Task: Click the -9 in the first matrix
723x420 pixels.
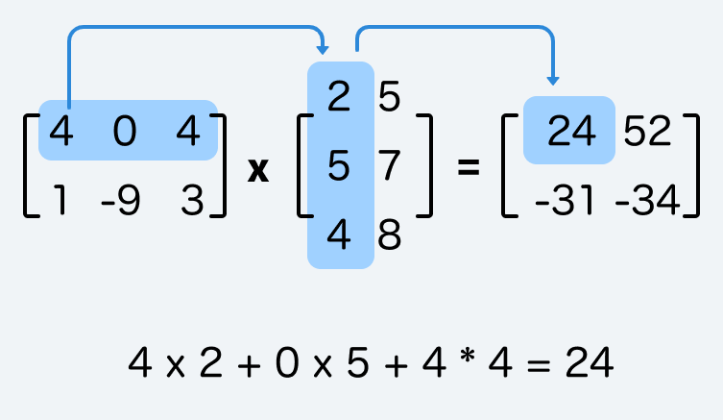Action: (120, 203)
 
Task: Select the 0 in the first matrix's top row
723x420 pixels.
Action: (125, 133)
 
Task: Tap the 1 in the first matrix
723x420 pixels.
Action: (60, 203)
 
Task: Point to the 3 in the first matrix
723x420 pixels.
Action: (188, 203)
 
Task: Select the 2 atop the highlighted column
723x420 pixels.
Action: (338, 99)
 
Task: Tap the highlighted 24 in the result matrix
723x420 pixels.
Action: (571, 133)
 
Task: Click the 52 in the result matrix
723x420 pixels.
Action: (648, 133)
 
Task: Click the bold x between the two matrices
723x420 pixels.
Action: (258, 169)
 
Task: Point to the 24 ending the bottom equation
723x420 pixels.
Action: (590, 363)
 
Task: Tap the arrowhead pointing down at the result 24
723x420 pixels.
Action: (554, 80)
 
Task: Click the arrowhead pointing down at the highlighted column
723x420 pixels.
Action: (323, 48)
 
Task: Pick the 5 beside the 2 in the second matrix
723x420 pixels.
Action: (390, 99)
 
